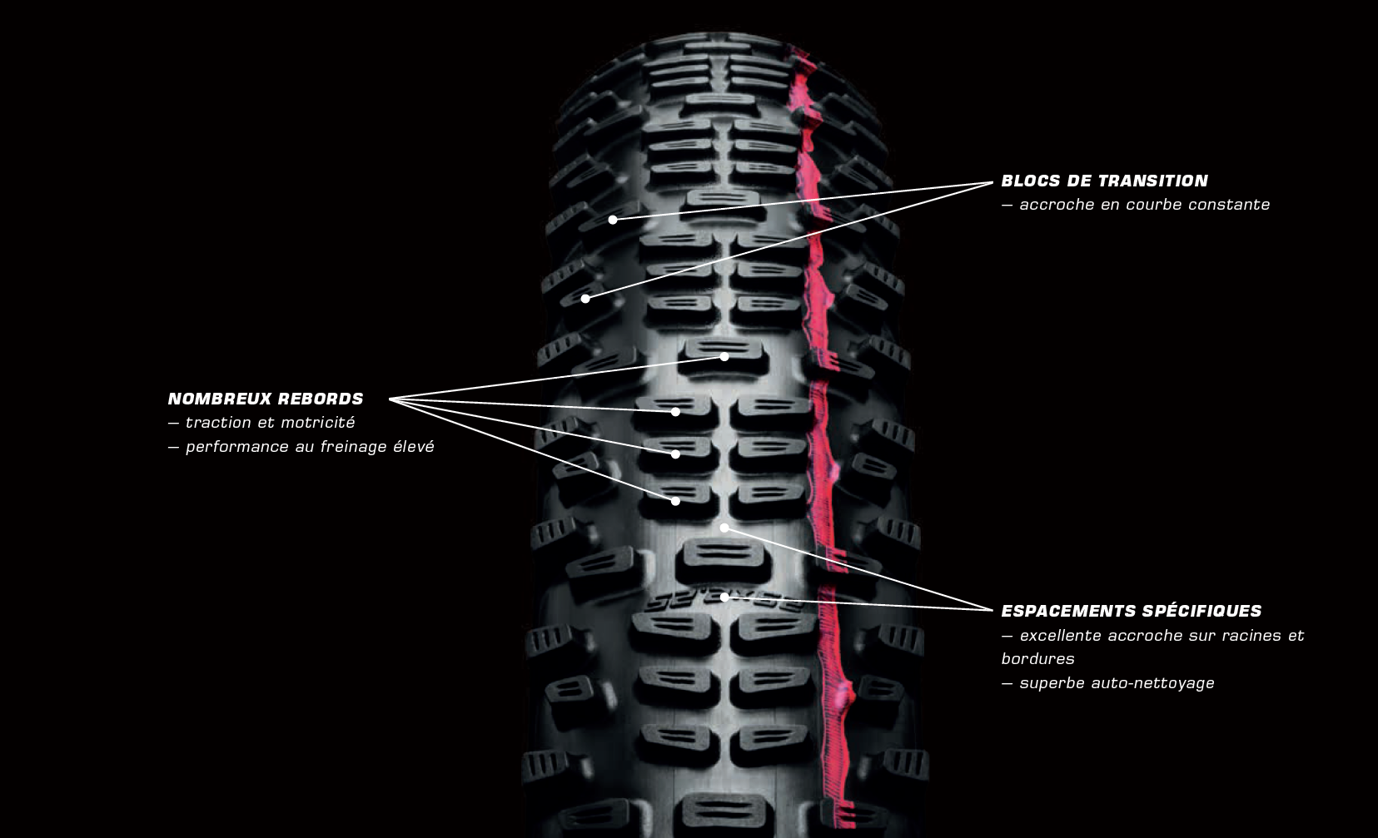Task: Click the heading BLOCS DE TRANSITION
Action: (1104, 181)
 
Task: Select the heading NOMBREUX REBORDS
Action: (266, 399)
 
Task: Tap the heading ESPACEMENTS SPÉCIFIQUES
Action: (1131, 611)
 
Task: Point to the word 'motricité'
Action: (321, 423)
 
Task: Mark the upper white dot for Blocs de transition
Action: (613, 220)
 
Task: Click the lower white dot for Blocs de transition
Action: (585, 298)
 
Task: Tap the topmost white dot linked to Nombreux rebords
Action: (724, 356)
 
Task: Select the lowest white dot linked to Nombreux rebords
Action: (675, 501)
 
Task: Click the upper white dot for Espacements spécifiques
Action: (724, 528)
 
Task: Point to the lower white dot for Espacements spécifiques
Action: (724, 597)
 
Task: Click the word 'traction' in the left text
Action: (216, 423)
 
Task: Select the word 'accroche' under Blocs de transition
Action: (1057, 205)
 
